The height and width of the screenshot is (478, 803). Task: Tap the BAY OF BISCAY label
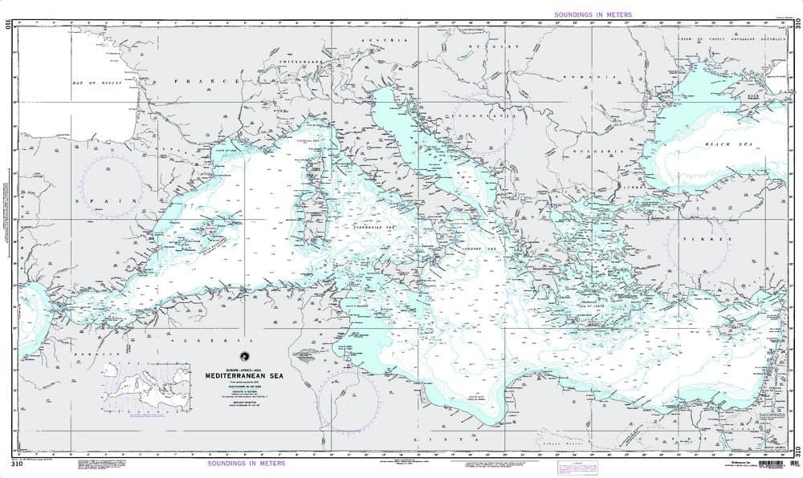pos(89,83)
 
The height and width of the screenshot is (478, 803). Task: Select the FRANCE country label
pos(206,83)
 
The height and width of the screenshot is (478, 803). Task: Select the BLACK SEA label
pos(720,144)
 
